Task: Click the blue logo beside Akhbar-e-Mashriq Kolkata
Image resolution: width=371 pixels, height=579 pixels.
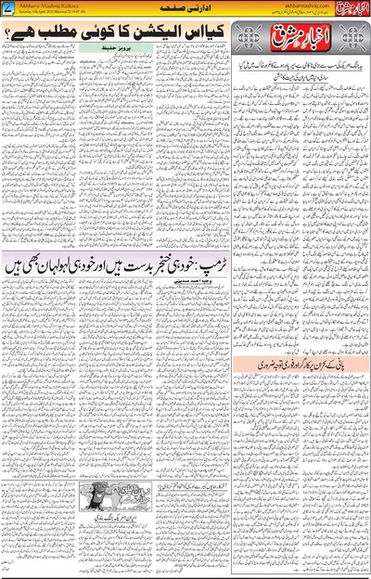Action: [9, 8]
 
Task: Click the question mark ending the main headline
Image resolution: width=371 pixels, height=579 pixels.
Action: [23, 35]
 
